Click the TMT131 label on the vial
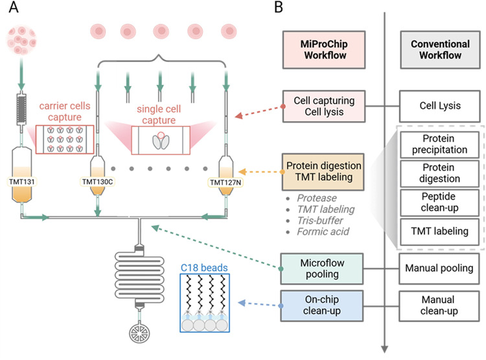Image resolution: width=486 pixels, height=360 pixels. point(21,182)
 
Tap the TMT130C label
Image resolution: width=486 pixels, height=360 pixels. point(97,182)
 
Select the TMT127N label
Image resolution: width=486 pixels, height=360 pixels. point(226,182)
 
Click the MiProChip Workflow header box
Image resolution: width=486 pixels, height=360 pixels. point(324,50)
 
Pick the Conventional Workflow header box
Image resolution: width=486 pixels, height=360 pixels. point(440,50)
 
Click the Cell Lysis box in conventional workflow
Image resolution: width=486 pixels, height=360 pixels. point(440,106)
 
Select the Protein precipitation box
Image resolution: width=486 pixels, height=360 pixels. point(439,144)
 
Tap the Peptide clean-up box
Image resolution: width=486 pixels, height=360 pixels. point(439,202)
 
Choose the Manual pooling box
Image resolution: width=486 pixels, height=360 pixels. point(439,269)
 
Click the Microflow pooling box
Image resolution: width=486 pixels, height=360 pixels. point(321,269)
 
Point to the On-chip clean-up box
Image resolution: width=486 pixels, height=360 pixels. point(321,306)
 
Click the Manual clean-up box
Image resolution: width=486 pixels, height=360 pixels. point(439,306)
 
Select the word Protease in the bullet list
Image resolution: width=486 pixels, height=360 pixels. point(317,198)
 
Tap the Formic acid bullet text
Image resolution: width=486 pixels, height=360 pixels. point(323,232)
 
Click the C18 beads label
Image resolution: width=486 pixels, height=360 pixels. point(204,267)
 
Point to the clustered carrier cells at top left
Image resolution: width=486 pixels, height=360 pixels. point(21,41)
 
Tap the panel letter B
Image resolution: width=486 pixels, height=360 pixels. point(279,7)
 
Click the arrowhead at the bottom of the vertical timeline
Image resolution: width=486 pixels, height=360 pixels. point(385,349)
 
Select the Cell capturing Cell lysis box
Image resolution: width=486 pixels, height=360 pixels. point(324,106)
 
